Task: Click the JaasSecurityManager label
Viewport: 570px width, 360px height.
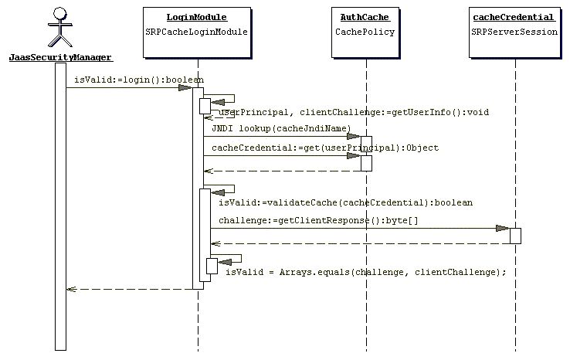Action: [x=60, y=57]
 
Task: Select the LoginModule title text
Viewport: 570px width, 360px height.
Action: [x=197, y=17]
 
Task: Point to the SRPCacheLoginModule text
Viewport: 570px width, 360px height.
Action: [x=197, y=32]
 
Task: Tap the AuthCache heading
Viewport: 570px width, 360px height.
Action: [x=365, y=17]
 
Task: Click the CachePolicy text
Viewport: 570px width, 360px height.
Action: [x=365, y=32]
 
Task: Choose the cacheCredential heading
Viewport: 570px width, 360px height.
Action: [x=512, y=17]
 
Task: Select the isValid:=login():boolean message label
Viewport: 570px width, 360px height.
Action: [x=139, y=80]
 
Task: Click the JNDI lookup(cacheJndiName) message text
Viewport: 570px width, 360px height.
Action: [x=281, y=128]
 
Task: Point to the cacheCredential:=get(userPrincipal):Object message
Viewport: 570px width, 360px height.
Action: [x=324, y=148]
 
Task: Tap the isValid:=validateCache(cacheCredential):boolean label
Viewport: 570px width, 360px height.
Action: [x=345, y=202]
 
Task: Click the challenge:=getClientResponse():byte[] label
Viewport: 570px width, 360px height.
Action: [x=318, y=221]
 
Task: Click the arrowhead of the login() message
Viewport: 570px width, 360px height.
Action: [x=185, y=87]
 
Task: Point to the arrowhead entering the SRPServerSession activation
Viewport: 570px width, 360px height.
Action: [x=503, y=229]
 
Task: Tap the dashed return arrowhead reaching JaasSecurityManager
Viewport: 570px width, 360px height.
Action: [x=70, y=290]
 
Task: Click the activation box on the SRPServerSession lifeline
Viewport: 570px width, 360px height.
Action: [x=515, y=236]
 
